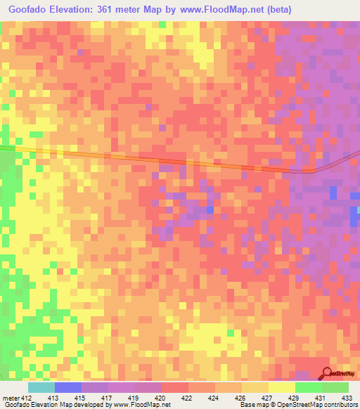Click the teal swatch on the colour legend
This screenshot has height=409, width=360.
(x=41, y=387)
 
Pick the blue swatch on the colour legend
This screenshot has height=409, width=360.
(x=68, y=387)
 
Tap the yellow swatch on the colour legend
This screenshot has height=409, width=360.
(x=282, y=387)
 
